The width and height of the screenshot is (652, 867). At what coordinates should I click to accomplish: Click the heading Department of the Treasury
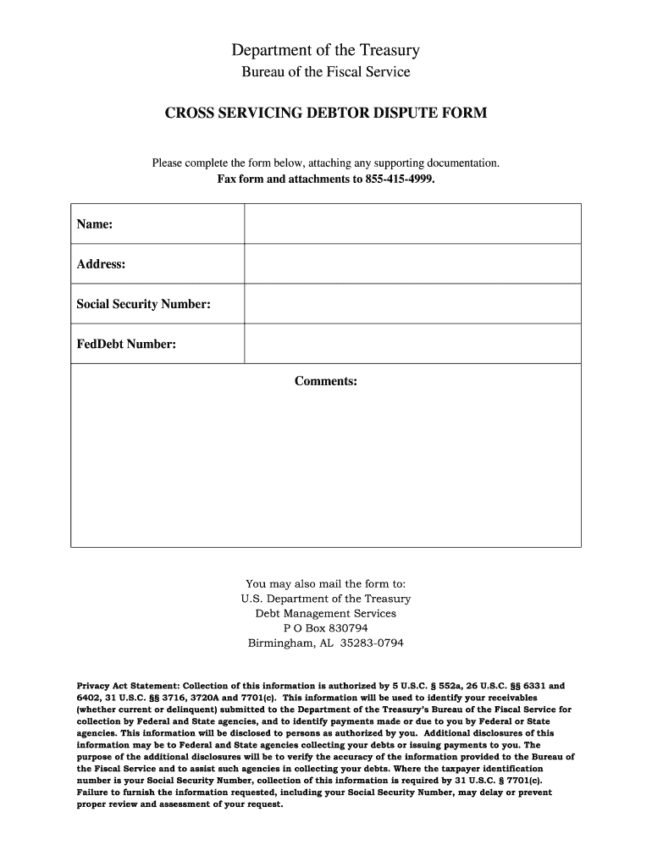[x=326, y=51]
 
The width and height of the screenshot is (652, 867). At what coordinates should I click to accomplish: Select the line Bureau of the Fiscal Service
[x=326, y=72]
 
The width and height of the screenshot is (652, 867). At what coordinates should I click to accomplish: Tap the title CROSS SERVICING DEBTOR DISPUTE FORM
[x=326, y=112]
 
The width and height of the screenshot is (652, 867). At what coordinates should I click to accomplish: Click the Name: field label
[x=95, y=224]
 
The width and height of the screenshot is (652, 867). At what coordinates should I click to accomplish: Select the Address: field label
[x=102, y=264]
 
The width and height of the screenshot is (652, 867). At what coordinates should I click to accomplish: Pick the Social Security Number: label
[x=144, y=304]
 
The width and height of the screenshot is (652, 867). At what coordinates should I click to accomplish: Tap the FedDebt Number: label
[x=126, y=344]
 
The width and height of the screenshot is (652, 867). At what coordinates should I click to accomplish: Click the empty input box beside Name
[x=412, y=224]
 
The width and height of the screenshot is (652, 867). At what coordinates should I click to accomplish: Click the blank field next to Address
[x=412, y=264]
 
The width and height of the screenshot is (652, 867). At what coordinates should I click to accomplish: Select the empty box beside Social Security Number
[x=412, y=304]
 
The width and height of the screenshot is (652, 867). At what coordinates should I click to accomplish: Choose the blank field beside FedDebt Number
[x=412, y=344]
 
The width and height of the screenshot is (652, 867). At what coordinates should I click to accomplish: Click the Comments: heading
[x=326, y=381]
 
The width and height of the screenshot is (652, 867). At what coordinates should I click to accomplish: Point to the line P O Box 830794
[x=326, y=628]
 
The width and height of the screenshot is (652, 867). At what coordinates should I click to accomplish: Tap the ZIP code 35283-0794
[x=372, y=643]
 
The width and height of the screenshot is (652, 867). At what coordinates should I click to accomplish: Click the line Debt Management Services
[x=326, y=613]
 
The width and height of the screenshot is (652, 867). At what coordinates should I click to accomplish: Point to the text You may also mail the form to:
[x=326, y=583]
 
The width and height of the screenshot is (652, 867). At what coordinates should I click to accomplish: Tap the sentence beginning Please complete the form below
[x=326, y=162]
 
